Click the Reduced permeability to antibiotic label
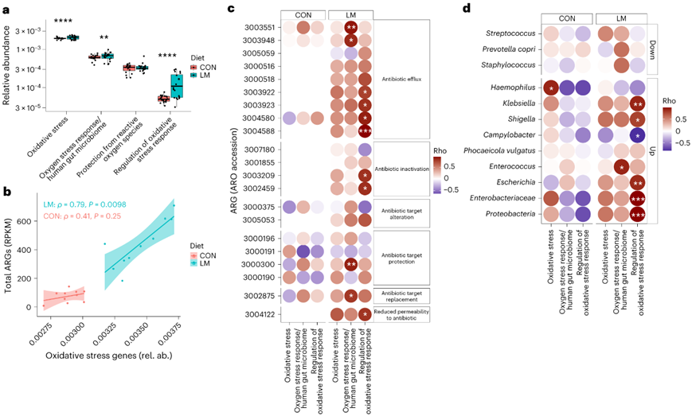coord(405,313)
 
